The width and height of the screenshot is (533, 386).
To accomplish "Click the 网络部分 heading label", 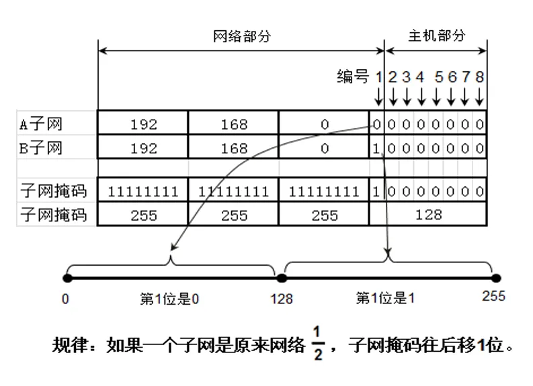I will (x=241, y=36).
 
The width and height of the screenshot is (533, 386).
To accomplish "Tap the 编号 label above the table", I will (x=353, y=77).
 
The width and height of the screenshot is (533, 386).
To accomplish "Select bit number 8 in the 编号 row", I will (x=479, y=77).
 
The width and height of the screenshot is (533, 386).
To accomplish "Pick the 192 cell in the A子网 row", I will (x=143, y=124).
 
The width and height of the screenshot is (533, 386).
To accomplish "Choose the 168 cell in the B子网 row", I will (x=234, y=149).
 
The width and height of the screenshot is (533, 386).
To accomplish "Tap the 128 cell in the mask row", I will (x=428, y=215).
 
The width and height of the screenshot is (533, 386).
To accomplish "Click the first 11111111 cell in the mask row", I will (x=143, y=192).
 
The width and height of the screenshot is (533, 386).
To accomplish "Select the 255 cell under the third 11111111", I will (x=325, y=216).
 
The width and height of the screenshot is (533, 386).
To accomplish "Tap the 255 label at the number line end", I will (x=493, y=296).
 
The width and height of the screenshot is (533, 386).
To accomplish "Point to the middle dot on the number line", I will (x=282, y=277).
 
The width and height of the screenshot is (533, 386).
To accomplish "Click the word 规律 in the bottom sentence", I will (x=70, y=346).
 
